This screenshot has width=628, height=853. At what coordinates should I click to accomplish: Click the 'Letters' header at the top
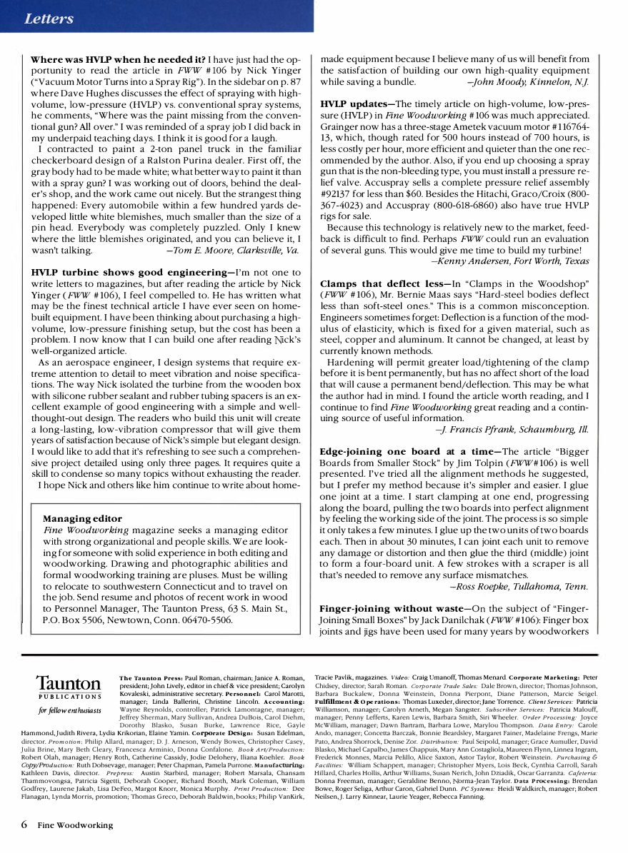pyautogui.click(x=49, y=19)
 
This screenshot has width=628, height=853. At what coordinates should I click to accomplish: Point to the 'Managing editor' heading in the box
pyautogui.click(x=82, y=518)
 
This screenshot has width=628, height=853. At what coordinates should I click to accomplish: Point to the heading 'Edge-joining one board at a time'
pyautogui.click(x=407, y=452)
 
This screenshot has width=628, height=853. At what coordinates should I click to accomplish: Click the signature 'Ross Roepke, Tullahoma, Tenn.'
pyautogui.click(x=519, y=586)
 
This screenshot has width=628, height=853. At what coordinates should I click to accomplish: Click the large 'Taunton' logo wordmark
pyautogui.click(x=69, y=684)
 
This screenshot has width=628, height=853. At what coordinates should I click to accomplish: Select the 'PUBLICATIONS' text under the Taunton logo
pyautogui.click(x=69, y=697)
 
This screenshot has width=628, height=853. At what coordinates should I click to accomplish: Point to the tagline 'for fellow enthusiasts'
pyautogui.click(x=69, y=710)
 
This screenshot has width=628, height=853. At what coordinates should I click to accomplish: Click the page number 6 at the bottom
pyautogui.click(x=24, y=825)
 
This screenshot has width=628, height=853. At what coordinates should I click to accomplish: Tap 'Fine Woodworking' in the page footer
pyautogui.click(x=76, y=826)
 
